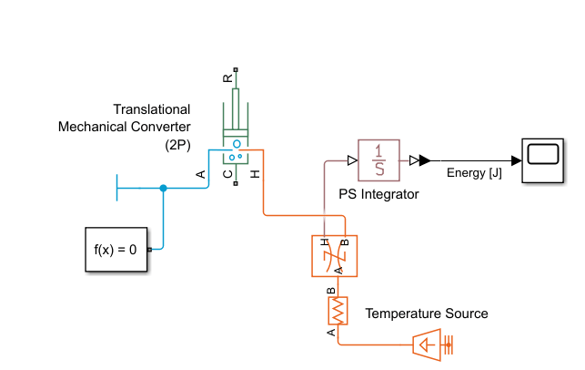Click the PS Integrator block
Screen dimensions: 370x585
[x=379, y=161]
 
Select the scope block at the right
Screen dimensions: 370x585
[x=542, y=161]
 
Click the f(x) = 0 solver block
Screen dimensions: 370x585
[x=116, y=248]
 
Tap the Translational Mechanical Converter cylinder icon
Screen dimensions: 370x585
[x=237, y=124]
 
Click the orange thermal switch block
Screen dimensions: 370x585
[x=335, y=255]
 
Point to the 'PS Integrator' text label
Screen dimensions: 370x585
[x=378, y=193]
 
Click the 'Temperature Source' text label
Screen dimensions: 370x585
[x=427, y=313]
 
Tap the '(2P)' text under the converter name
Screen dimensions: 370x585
[x=178, y=144]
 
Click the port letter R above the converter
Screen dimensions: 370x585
[x=227, y=79]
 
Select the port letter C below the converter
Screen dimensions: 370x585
[x=227, y=173]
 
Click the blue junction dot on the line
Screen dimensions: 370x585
[x=164, y=189]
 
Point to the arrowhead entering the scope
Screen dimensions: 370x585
[x=516, y=161]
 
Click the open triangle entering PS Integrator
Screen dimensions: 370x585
[x=352, y=161]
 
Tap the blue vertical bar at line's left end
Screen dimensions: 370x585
[x=117, y=189]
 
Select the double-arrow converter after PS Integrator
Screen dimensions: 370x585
[x=417, y=161]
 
